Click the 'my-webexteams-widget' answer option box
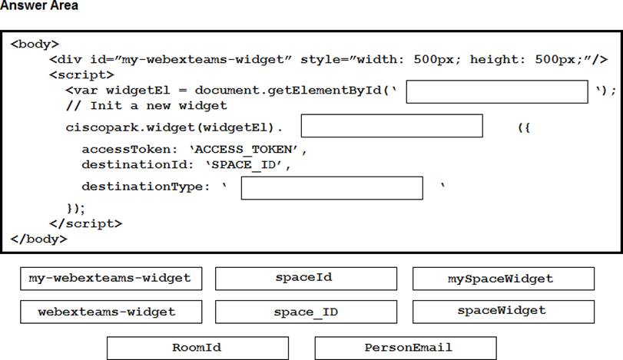click(111, 279)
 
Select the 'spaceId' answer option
click(306, 279)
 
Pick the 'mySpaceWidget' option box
click(503, 279)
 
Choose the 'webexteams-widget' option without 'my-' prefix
click(111, 312)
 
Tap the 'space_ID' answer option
click(306, 312)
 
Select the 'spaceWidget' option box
click(503, 312)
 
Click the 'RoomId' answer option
click(198, 348)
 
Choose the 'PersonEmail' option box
click(406, 348)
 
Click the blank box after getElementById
click(497, 91)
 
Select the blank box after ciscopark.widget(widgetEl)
click(392, 126)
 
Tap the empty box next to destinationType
click(332, 188)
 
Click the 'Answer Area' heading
click(39, 5)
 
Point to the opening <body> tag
click(35, 44)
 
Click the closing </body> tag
click(39, 239)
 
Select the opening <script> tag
click(82, 74)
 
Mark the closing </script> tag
click(86, 223)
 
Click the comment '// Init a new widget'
click(147, 106)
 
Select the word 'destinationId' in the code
click(134, 164)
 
